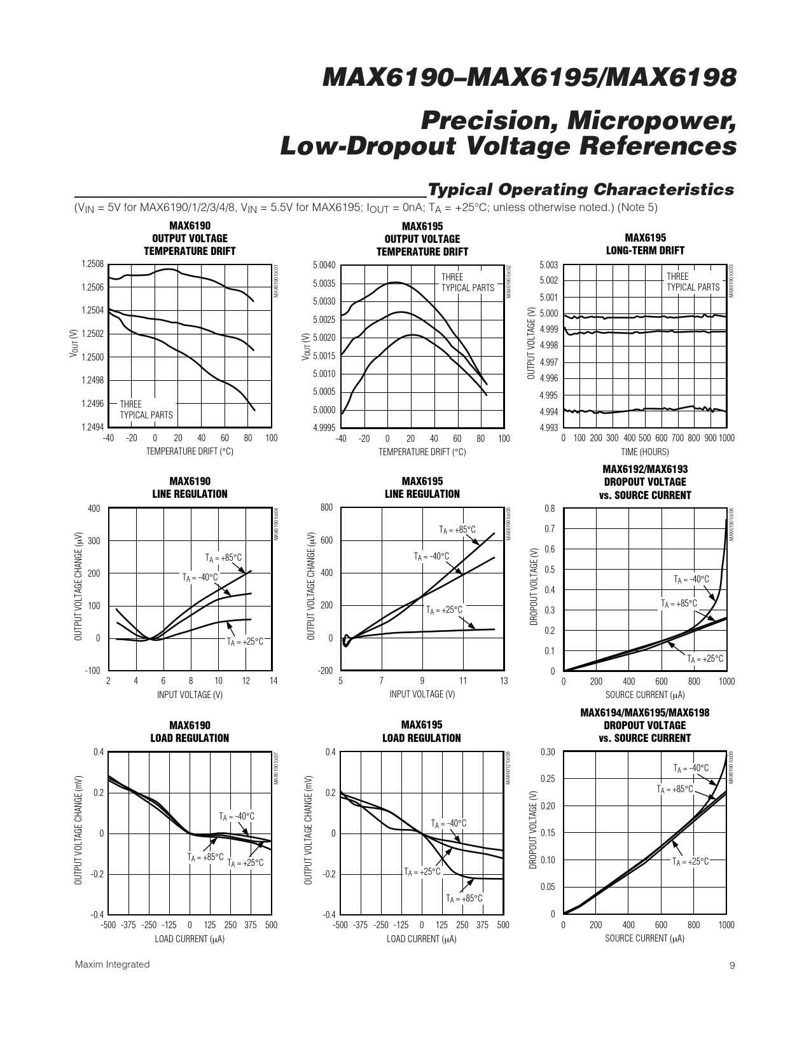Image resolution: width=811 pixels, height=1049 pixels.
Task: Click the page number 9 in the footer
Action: [x=731, y=965]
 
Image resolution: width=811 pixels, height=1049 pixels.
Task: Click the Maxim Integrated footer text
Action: [x=113, y=964]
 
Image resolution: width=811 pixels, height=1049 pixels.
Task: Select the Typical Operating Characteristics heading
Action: [x=581, y=189]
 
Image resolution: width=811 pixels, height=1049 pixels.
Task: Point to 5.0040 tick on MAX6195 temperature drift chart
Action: [x=324, y=266]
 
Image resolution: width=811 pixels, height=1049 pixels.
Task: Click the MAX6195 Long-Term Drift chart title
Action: [x=645, y=244]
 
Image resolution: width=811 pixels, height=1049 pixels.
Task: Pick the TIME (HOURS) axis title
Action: [x=645, y=452]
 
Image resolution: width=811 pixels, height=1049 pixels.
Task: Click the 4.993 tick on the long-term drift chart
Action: [x=548, y=428]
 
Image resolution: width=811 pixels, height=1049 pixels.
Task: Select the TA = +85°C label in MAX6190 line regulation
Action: [x=224, y=558]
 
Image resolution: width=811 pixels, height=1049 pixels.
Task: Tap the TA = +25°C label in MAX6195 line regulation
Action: [x=445, y=610]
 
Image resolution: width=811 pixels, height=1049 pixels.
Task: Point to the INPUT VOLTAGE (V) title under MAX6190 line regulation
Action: [x=190, y=695]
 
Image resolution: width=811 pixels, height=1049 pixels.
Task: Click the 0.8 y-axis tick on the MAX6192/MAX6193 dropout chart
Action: [x=550, y=509]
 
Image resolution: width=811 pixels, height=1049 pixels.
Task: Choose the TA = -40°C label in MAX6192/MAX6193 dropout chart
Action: [x=691, y=579]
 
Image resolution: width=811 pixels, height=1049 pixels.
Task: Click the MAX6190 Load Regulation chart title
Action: [x=190, y=732]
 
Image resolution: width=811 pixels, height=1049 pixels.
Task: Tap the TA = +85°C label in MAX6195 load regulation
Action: [x=464, y=898]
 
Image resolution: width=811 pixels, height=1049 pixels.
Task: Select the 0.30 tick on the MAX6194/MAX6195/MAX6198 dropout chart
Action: [x=548, y=752]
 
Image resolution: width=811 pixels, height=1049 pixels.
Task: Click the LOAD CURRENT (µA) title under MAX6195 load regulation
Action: [x=422, y=938]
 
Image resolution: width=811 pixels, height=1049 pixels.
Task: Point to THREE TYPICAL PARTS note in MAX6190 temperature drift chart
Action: [x=146, y=409]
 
